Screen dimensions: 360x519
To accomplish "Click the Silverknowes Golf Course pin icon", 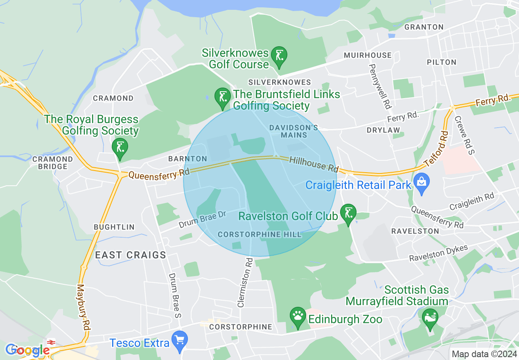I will coord(280,55).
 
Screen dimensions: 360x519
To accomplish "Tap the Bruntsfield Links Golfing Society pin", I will coord(223,97).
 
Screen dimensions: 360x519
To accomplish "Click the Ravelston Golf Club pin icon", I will coord(348,213).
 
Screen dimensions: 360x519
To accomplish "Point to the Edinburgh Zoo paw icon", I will coord(298,316).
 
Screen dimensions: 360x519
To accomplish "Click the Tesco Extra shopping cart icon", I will coord(180,340).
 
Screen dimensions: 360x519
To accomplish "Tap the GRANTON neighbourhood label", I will coord(424,27).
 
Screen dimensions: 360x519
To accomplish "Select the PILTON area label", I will coord(441,62).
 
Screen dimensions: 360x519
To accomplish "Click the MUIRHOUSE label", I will coord(368,55).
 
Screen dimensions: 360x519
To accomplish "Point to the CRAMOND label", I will coord(113,98).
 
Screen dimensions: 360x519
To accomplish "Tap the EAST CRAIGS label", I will coord(131,255).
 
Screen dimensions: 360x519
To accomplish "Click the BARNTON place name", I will coord(187,159).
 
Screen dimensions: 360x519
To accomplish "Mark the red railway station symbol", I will coord(51,342).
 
